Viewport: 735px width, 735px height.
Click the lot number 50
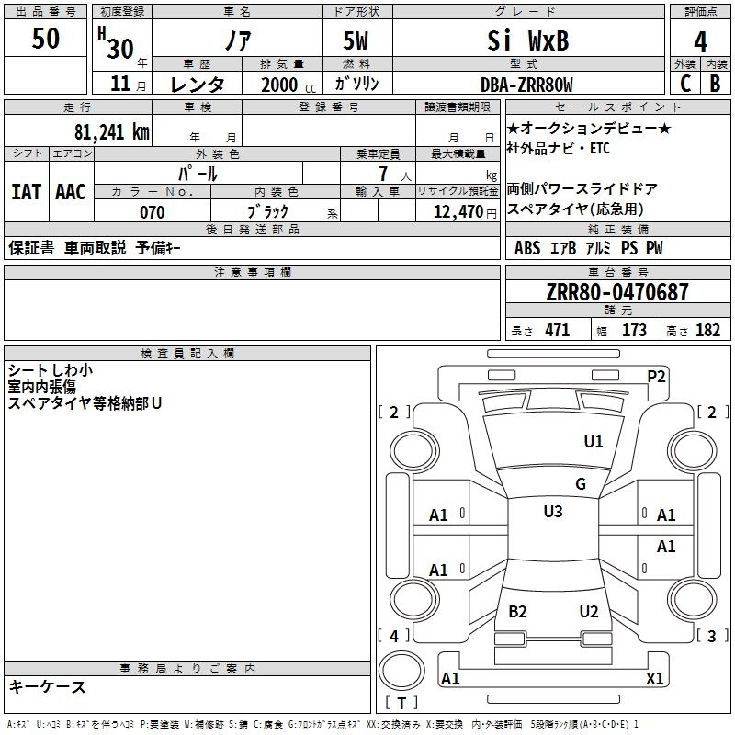[x=46, y=39]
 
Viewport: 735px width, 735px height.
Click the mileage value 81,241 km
[x=112, y=131]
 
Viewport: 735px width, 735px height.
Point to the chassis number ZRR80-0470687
[x=617, y=293]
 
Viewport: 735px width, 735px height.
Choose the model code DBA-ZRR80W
[x=526, y=85]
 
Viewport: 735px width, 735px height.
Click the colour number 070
[x=152, y=212]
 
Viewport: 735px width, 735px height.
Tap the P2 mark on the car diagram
[x=656, y=376]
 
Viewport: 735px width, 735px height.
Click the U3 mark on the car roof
[x=553, y=512]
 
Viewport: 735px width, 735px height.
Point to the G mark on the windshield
[x=581, y=484]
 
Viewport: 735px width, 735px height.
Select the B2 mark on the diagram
[x=518, y=612]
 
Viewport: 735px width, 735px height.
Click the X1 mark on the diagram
[x=655, y=679]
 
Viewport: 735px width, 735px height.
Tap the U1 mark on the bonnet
[x=594, y=442]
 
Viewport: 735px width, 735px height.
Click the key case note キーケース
[x=48, y=686]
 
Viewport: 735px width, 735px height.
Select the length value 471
[x=557, y=331]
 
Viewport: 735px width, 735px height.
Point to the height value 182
[x=707, y=331]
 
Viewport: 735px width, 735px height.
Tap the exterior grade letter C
[x=685, y=84]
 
